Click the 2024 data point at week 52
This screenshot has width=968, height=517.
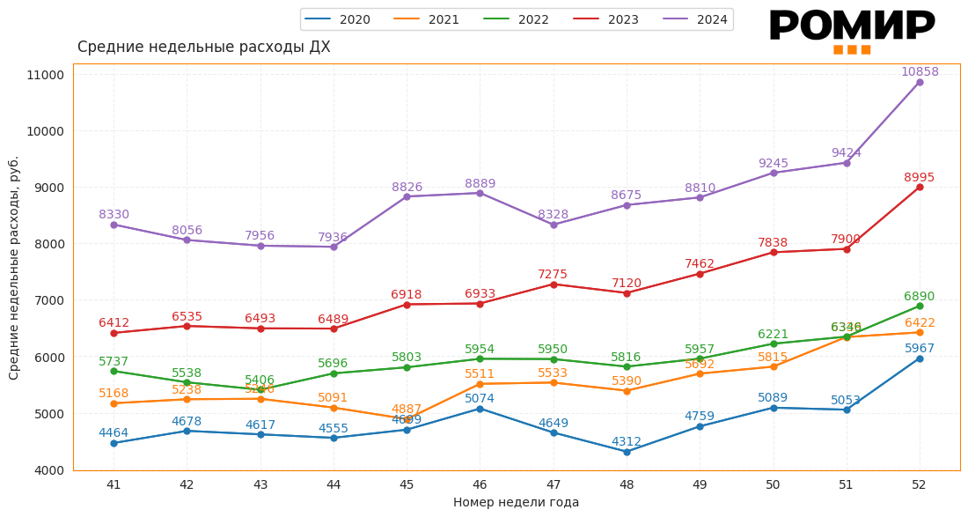tap(920, 82)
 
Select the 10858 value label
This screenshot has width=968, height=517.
tap(920, 72)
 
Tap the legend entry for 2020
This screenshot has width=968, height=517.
tap(339, 19)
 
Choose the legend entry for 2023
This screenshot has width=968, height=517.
tap(607, 19)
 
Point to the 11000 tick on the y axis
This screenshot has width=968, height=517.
tap(46, 75)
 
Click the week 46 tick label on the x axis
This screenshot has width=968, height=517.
tap(480, 484)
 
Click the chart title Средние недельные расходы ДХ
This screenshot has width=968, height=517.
tap(204, 48)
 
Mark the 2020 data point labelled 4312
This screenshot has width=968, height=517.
tap(627, 452)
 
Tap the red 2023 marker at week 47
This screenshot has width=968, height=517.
tap(554, 284)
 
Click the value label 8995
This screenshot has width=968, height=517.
tap(920, 178)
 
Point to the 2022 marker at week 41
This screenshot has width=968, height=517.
tap(114, 372)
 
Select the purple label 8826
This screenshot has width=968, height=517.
tap(407, 188)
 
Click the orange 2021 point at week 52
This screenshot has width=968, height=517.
tap(920, 332)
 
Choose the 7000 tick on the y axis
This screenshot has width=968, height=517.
tap(49, 300)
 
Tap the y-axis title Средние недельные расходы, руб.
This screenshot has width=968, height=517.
tap(14, 268)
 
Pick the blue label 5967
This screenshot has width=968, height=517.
tap(920, 349)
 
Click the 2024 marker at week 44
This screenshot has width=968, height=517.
tap(334, 247)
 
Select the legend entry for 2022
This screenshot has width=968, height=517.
tap(517, 19)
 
